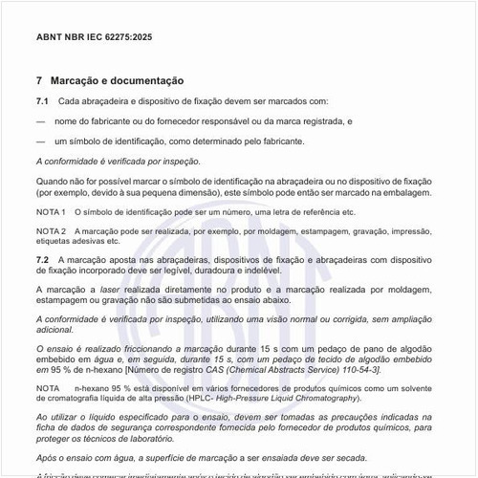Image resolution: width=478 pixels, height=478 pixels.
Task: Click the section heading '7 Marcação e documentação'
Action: click(x=110, y=81)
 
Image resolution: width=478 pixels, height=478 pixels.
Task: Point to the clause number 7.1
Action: click(x=43, y=101)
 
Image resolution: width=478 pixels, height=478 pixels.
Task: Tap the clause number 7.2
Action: click(x=43, y=259)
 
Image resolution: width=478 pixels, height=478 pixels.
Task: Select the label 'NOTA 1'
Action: click(x=52, y=211)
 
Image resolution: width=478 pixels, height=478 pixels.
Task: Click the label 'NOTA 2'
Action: click(x=52, y=231)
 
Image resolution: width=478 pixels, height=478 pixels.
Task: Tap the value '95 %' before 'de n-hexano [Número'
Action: click(x=59, y=368)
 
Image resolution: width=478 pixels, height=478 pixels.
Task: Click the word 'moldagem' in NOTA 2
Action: click(x=271, y=231)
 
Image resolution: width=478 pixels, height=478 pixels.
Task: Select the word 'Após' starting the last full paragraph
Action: click(x=46, y=458)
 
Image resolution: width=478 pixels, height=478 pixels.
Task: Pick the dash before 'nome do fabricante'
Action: click(x=41, y=121)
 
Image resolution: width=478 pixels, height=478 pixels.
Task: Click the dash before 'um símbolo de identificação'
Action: click(x=41, y=141)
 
